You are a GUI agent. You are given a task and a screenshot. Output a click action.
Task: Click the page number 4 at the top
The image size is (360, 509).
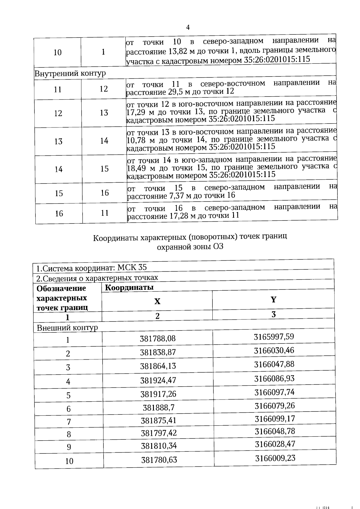point(188,28)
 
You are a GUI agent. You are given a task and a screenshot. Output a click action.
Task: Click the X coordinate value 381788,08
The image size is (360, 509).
point(158,339)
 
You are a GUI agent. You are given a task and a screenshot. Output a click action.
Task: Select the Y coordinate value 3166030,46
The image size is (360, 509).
point(274,350)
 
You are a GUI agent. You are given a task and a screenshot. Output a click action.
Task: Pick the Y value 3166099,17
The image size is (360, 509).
point(275,418)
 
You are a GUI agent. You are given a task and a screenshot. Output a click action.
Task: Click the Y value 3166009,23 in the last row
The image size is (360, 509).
point(275,458)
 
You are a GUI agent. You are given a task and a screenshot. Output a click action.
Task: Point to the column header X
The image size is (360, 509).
point(157,301)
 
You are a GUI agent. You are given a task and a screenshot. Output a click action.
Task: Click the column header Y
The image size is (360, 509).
point(273,300)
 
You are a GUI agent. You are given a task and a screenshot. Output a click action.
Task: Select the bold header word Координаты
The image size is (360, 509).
point(129,287)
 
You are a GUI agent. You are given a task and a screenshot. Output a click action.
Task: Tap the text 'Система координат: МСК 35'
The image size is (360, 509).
point(91,267)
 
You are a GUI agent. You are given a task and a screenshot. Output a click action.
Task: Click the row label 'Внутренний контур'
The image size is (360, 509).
point(70,73)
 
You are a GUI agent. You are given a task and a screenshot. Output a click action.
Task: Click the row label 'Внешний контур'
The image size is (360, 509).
point(67,328)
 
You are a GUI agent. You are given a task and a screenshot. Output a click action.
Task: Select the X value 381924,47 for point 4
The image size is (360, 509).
point(158,380)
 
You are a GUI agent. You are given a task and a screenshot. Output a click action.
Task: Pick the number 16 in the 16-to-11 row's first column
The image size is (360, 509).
point(59,213)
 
